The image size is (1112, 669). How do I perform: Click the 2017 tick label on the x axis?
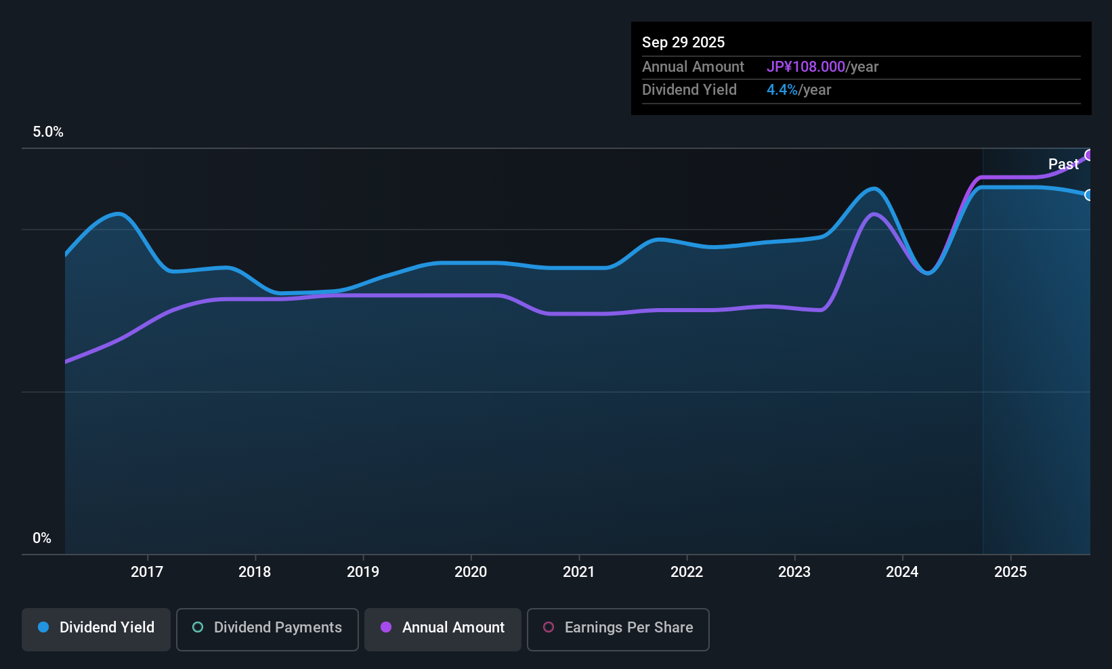pyautogui.click(x=147, y=571)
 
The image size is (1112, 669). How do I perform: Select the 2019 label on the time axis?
pyautogui.click(x=363, y=571)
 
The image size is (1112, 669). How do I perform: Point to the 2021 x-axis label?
pyautogui.click(x=578, y=571)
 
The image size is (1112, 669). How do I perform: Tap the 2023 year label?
pyautogui.click(x=794, y=571)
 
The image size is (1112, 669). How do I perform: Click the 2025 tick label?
pyautogui.click(x=1010, y=571)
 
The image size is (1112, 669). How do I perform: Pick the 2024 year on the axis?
pyautogui.click(x=902, y=571)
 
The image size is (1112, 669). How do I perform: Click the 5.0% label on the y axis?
pyautogui.click(x=48, y=132)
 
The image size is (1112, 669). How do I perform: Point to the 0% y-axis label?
pyautogui.click(x=42, y=538)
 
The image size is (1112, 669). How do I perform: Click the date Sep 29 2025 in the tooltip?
pyautogui.click(x=683, y=42)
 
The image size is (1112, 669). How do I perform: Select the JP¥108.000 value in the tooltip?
pyautogui.click(x=806, y=66)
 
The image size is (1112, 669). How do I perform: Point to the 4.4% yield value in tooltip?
pyautogui.click(x=782, y=89)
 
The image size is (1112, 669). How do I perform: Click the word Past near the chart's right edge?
pyautogui.click(x=1063, y=164)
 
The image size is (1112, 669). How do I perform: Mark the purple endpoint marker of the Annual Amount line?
pyautogui.click(x=1089, y=155)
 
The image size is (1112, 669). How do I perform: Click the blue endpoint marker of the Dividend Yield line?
pyautogui.click(x=1089, y=195)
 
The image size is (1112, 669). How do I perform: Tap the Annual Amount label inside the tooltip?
pyautogui.click(x=693, y=66)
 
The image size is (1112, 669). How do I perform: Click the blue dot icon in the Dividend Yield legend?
pyautogui.click(x=43, y=627)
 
